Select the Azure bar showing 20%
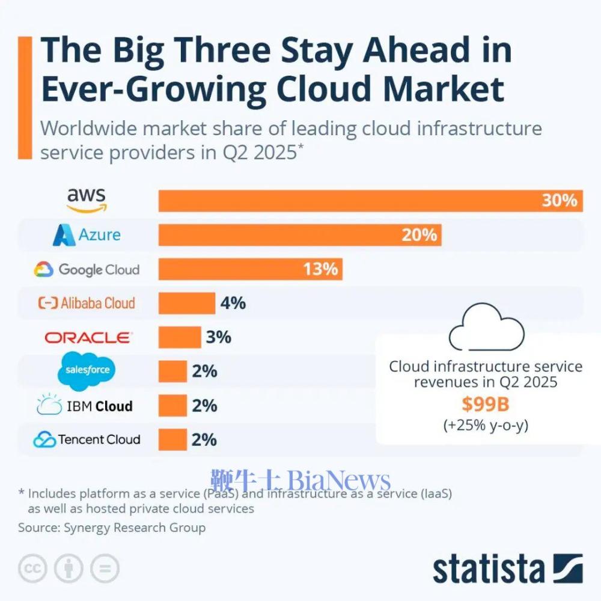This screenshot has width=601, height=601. pos(299,234)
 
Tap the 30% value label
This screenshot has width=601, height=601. pos(559,200)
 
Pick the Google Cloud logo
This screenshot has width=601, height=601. pos(87,269)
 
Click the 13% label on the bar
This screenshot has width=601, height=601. pos(320,269)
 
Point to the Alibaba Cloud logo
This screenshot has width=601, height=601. pos(87,304)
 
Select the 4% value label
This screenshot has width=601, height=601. pos(233,304)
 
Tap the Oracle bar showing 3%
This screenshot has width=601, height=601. pos(179,338)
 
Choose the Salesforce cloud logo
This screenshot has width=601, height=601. pos(87,370)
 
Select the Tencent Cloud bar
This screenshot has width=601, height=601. pos(172,439)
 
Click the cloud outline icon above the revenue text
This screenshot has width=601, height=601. pos(487,329)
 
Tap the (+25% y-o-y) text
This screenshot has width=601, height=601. pos(485,426)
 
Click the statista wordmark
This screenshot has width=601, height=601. pos(488,569)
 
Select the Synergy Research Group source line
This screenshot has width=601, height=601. pos(112,528)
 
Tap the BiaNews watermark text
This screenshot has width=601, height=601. pos(340,481)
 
